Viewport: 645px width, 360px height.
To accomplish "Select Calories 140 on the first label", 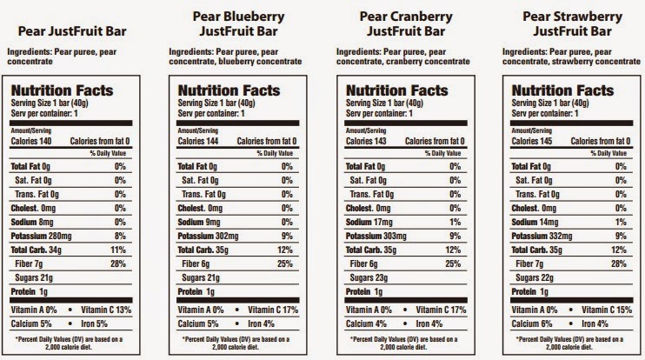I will click(30, 141).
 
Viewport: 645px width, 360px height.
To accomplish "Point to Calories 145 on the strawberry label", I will click(534, 141).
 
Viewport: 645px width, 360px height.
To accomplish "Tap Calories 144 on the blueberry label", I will click(199, 141).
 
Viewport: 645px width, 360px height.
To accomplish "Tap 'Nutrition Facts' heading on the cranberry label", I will click(394, 90).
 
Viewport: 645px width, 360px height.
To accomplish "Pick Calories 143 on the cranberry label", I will click(367, 141).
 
